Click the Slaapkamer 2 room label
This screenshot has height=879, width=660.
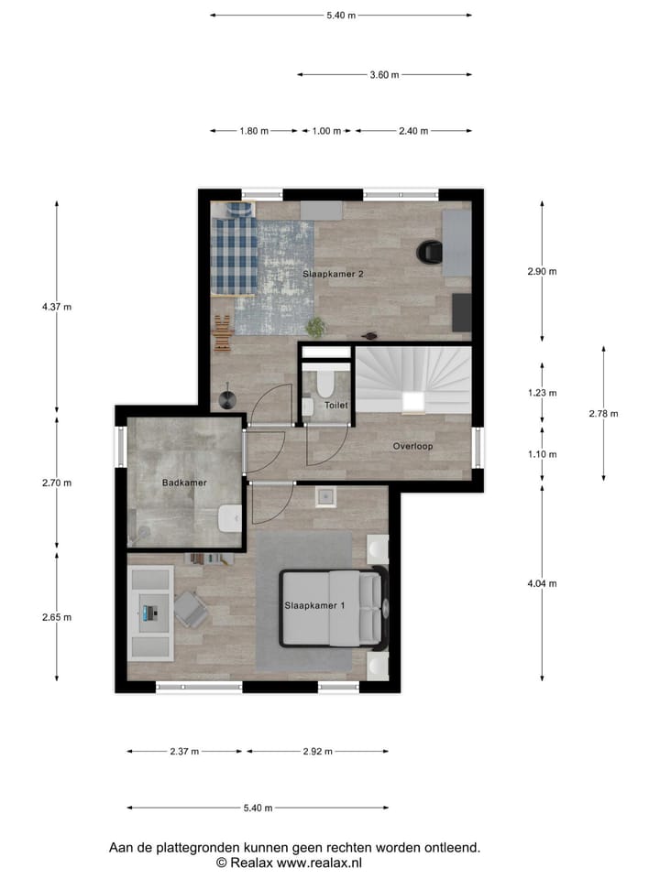click(327, 274)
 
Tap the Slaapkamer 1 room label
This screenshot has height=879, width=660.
click(314, 606)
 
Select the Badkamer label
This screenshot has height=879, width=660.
click(184, 483)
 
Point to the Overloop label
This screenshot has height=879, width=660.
click(412, 447)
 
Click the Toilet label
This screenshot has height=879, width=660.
click(336, 404)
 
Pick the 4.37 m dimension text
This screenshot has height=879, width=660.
click(56, 307)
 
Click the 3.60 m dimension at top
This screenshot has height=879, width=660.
click(384, 75)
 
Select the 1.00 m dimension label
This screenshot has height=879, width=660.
click(326, 131)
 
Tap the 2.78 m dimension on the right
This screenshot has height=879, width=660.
click(603, 414)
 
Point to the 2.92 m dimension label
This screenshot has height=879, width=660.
click(317, 752)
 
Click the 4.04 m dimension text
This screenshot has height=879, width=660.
click(543, 583)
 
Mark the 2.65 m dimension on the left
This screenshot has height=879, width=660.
click(56, 617)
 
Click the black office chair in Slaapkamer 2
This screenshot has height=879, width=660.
click(428, 251)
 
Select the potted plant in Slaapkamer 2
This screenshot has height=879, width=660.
click(316, 327)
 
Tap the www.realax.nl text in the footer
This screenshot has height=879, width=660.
click(319, 863)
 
